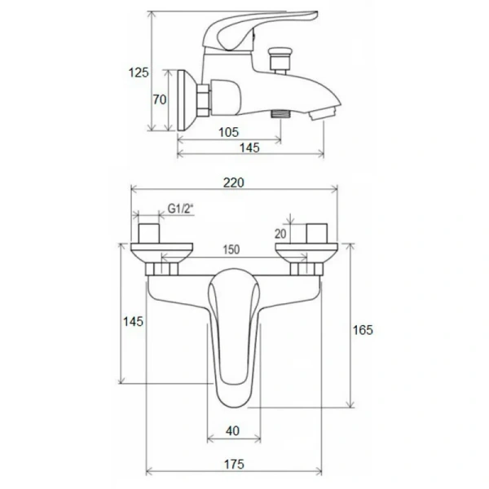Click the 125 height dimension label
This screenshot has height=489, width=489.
pyautogui.click(x=139, y=73)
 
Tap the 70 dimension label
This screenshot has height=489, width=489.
pyautogui.click(x=160, y=99)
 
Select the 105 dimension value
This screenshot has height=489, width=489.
pyautogui.click(x=228, y=132)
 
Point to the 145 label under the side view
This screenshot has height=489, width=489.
pyautogui.click(x=249, y=148)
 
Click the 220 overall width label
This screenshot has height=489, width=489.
pyautogui.click(x=234, y=183)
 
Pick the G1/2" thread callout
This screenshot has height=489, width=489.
pyautogui.click(x=181, y=209)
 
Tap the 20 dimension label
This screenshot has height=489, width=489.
pyautogui.click(x=280, y=233)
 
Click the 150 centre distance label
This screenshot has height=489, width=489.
pyautogui.click(x=231, y=249)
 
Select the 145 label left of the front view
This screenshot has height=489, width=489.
pyautogui.click(x=133, y=321)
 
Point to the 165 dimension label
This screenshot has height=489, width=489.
pyautogui.click(x=363, y=329)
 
